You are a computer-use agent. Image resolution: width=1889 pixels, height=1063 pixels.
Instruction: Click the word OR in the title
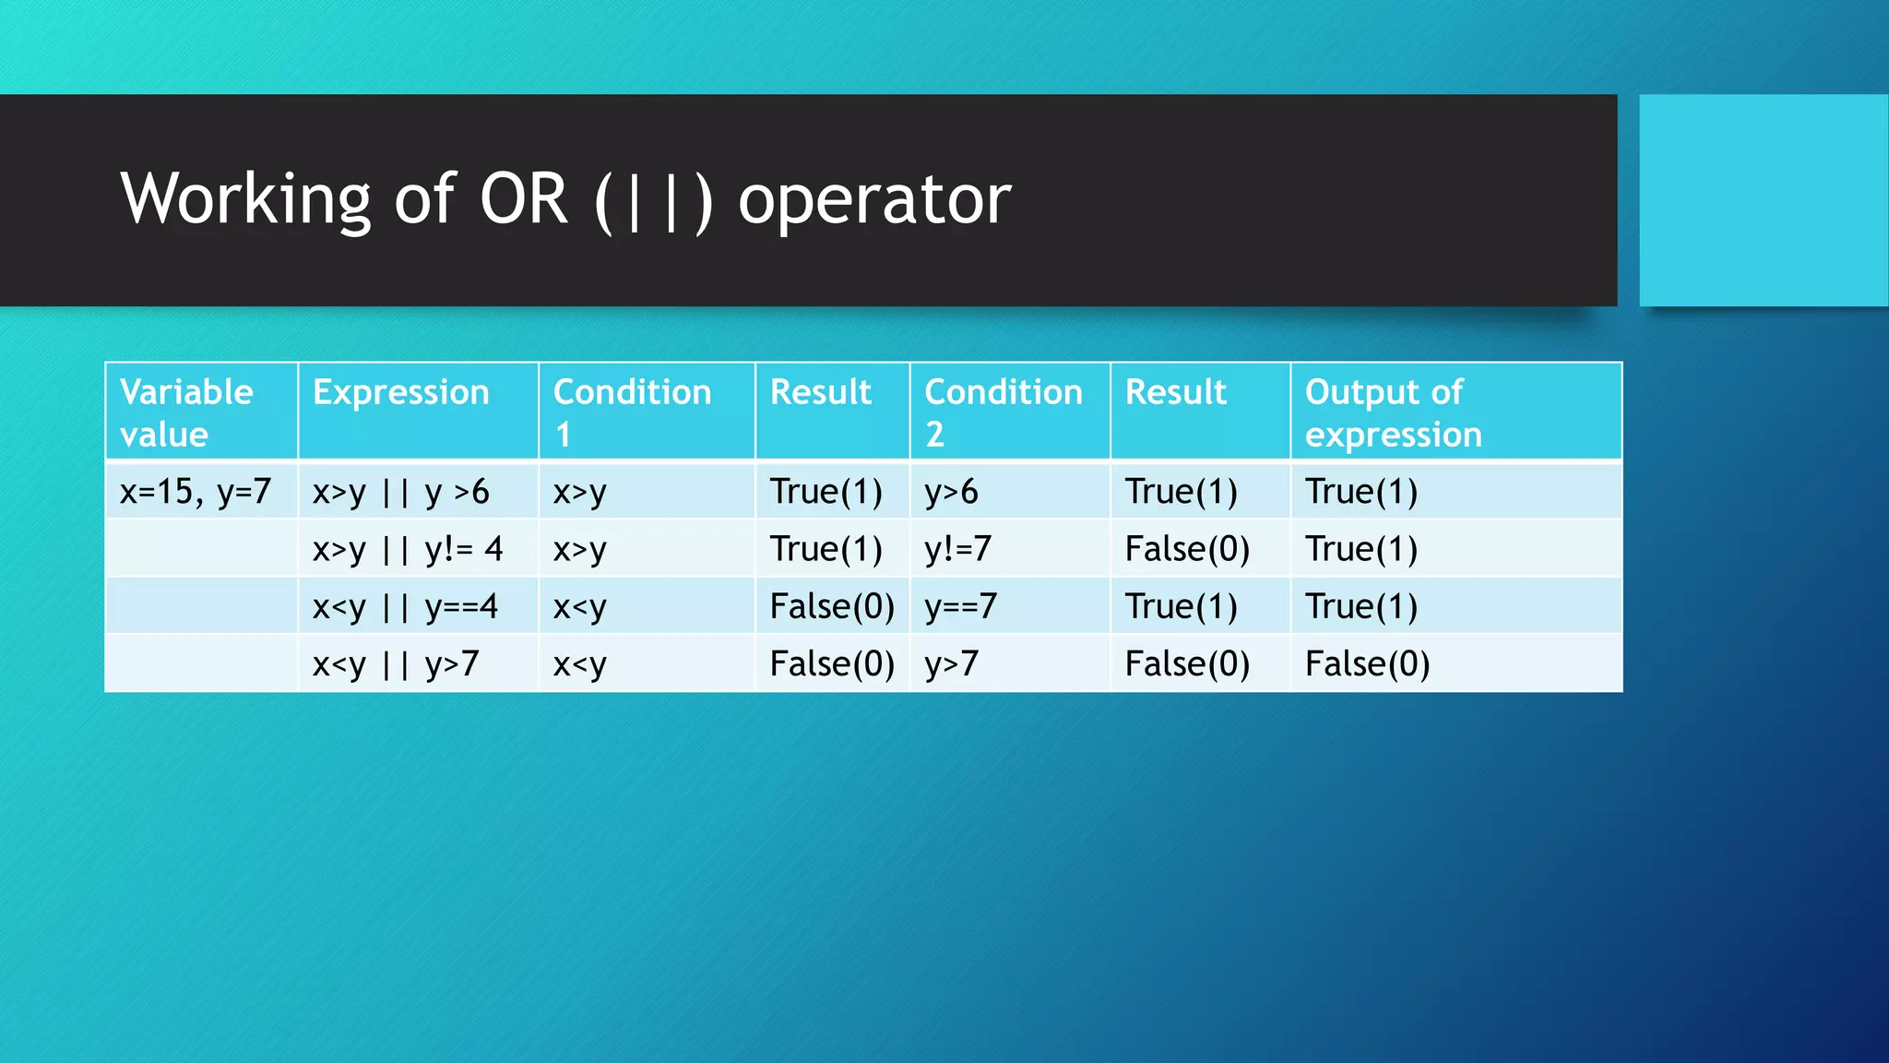[522, 199]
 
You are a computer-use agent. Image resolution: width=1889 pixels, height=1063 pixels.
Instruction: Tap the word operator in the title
[873, 199]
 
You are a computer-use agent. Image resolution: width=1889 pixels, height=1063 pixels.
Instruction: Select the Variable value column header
[186, 412]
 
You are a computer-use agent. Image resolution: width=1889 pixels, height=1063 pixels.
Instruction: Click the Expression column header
[400, 392]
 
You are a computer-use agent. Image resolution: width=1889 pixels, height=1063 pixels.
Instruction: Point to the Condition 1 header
[632, 412]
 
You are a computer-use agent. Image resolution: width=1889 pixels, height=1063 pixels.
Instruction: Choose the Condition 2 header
[1003, 412]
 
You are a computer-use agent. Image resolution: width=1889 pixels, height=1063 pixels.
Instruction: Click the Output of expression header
[1393, 412]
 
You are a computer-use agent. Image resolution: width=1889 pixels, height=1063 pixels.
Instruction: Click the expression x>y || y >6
[400, 492]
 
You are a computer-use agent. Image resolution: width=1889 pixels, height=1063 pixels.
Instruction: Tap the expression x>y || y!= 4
[407, 549]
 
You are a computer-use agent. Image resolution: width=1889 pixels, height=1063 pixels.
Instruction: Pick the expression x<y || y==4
[404, 606]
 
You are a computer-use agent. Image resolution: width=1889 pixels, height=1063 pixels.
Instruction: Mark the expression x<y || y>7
[395, 664]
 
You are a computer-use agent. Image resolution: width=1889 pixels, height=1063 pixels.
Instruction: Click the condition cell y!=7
[957, 549]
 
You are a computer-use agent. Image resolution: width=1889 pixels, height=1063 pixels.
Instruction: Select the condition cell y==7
[960, 606]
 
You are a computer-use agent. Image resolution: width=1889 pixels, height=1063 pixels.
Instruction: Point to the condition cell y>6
[951, 492]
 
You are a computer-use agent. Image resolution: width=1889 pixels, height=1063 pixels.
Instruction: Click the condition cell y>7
[951, 664]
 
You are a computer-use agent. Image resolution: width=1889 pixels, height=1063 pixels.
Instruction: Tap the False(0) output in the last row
[1367, 664]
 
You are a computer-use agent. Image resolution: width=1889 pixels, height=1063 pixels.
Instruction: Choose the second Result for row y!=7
[1187, 549]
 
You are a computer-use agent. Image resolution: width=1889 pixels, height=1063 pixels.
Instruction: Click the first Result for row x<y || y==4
[832, 606]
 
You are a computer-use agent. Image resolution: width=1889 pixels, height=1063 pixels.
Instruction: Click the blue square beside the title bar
[1763, 200]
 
